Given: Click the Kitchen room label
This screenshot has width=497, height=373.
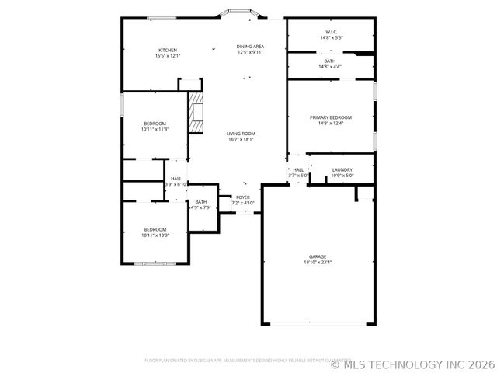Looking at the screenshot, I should coord(168,50).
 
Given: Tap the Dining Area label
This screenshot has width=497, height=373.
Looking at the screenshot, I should coord(250,47).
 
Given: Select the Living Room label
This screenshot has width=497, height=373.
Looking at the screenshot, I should coord(241,134).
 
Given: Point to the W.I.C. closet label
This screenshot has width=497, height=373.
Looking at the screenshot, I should coord(332,32).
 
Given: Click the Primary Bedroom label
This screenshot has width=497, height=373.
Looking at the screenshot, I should coord(331,117).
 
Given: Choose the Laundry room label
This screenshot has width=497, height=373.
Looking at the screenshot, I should coord(342,169).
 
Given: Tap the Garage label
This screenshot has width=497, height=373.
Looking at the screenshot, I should coord(318,256).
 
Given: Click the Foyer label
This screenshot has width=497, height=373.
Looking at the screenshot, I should coord(243,197).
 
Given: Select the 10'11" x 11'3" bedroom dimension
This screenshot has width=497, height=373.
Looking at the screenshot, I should coord(155,130).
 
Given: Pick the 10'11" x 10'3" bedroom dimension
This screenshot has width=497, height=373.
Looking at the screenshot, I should coord(155,235).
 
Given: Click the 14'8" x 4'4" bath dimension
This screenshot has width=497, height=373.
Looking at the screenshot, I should coord(331,67).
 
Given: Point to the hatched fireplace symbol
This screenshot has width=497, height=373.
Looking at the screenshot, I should coord(196,113).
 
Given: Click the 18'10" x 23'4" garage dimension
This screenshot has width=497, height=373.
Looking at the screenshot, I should coord(318,263).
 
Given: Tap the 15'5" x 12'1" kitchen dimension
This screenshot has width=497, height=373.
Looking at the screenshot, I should coord(168,56).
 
